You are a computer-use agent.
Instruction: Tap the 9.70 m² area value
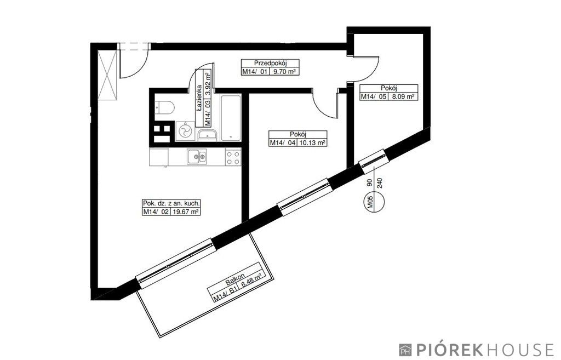click(284, 71)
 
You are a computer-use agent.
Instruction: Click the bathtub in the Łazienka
click(231, 118)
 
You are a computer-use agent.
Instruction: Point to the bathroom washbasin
click(207, 135)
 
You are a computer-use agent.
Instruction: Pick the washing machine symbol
click(185, 132)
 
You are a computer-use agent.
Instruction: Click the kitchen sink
click(197, 156)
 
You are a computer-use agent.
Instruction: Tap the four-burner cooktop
click(233, 158)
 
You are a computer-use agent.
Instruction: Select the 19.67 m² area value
click(185, 212)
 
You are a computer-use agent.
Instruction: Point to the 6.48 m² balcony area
click(251, 280)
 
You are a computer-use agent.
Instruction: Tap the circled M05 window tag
click(374, 202)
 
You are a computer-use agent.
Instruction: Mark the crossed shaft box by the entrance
click(108, 76)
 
